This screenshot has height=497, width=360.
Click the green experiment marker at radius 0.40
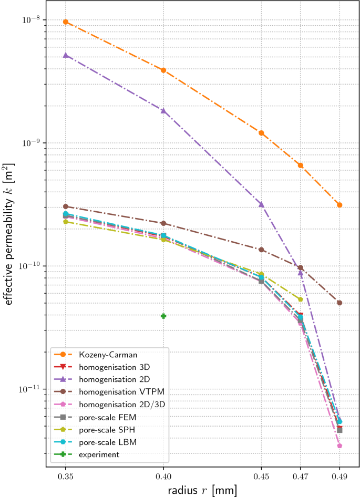tap(163, 316)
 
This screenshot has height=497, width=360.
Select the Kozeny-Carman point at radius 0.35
tap(66, 22)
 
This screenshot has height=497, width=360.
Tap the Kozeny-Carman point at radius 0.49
tap(340, 205)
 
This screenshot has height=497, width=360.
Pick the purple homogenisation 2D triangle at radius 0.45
tap(261, 204)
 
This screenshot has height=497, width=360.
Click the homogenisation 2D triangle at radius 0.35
tap(66, 55)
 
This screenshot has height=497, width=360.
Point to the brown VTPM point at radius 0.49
tap(340, 303)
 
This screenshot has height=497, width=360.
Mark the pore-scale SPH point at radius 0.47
tap(301, 299)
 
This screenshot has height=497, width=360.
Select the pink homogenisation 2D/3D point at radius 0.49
tap(340, 446)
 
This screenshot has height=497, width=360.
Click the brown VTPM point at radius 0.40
tap(163, 223)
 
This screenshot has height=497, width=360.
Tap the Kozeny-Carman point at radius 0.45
tap(261, 133)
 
